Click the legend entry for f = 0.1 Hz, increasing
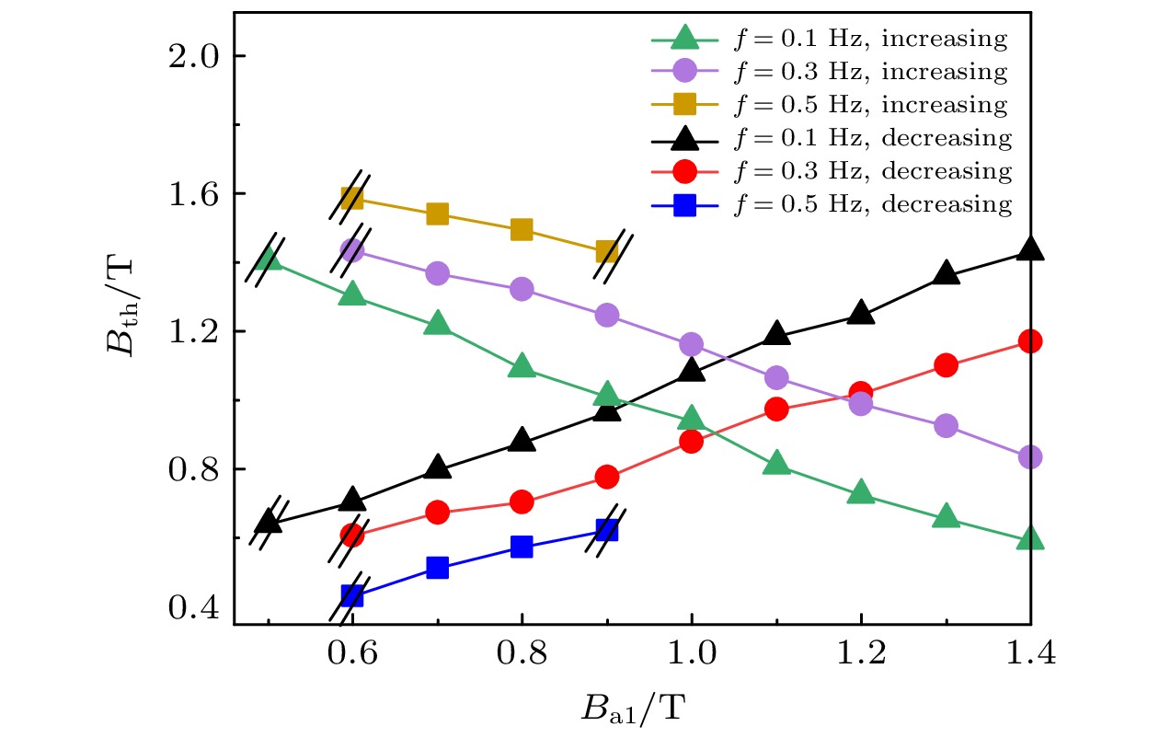pyautogui.click(x=828, y=39)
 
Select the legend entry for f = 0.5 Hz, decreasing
pyautogui.click(x=828, y=204)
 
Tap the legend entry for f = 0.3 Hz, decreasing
pyautogui.click(x=828, y=171)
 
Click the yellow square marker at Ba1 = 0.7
pyautogui.click(x=437, y=214)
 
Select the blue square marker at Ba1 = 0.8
pyautogui.click(x=522, y=547)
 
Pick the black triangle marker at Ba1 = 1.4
pyautogui.click(x=1030, y=249)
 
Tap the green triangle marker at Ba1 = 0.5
pyautogui.click(x=268, y=259)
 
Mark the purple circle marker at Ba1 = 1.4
pyautogui.click(x=1030, y=457)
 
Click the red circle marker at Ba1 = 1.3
pyautogui.click(x=946, y=365)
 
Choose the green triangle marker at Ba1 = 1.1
pyautogui.click(x=776, y=464)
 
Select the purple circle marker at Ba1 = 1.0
pyautogui.click(x=691, y=344)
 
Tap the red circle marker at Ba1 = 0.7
pyautogui.click(x=437, y=513)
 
